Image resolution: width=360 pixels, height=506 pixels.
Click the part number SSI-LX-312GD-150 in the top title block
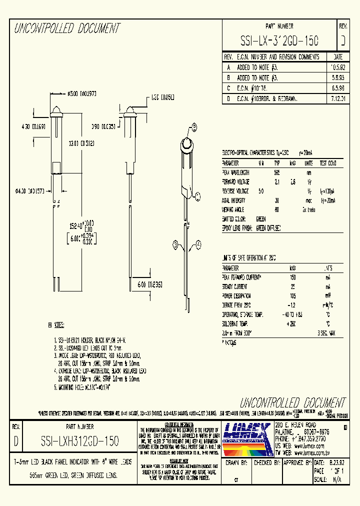click(x=279, y=40)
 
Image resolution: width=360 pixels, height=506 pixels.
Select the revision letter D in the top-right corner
click(x=342, y=40)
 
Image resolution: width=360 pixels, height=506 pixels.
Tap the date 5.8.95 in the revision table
click(x=338, y=78)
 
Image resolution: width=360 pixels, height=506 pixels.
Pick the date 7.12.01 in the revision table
click(x=338, y=98)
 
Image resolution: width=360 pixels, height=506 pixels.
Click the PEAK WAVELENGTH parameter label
click(x=235, y=172)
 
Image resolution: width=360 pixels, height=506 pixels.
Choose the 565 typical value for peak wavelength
click(x=276, y=172)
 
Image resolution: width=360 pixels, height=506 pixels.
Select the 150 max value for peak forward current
click(x=293, y=277)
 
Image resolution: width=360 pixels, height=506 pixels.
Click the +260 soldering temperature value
click(x=293, y=323)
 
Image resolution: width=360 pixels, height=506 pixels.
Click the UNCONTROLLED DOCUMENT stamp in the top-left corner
click(x=66, y=28)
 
